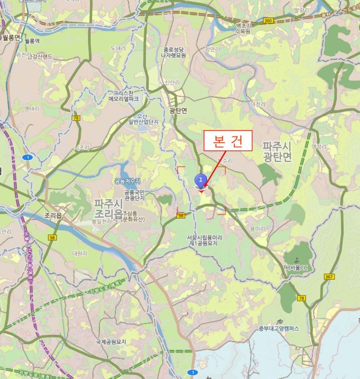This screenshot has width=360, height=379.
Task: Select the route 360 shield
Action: click(267, 20)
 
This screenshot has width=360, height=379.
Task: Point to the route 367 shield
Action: click(329, 277)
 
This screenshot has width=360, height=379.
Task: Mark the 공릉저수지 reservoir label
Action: click(127, 180)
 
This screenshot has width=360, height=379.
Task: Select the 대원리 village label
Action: click(80, 253)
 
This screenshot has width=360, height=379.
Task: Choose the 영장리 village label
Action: click(319, 146)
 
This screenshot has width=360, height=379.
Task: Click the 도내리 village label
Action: click(118, 48)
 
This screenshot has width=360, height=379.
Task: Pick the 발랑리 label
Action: click(301, 10)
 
